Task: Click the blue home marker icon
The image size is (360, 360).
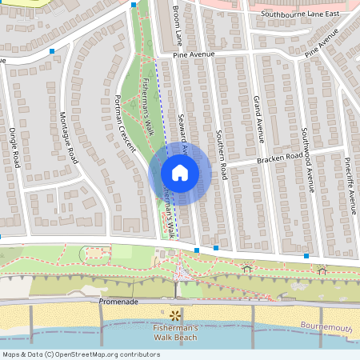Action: (x=180, y=173)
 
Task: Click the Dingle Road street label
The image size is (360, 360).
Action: (x=13, y=147)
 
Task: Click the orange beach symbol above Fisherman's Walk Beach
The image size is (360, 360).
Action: (x=175, y=314)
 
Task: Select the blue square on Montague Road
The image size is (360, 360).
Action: (x=52, y=51)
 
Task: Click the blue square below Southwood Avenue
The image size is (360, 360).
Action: (x=306, y=256)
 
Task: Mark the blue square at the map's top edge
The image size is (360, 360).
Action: (x=133, y=5)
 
